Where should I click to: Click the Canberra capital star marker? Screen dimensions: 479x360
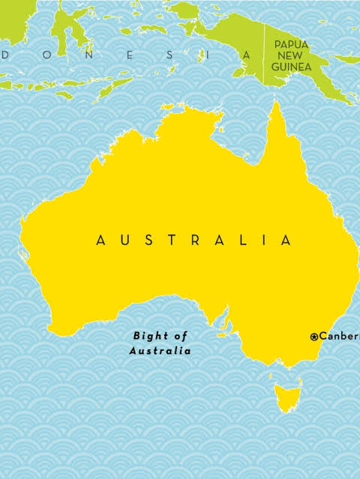(314, 337)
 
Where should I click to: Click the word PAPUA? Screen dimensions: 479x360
(291, 45)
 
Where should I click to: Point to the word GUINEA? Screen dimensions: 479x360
(291, 66)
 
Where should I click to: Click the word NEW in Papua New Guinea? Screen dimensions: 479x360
(291, 55)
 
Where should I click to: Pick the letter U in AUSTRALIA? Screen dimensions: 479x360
(124, 241)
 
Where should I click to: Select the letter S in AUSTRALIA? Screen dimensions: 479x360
(147, 241)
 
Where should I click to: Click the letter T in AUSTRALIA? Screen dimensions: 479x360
(170, 241)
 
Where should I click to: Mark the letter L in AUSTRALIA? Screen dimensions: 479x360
(240, 241)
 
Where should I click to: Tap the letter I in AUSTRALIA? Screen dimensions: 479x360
(262, 241)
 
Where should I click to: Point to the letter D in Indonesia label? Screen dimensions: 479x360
(7, 55)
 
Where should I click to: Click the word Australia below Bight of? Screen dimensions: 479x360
(160, 351)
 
